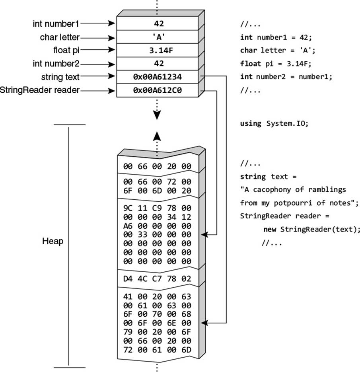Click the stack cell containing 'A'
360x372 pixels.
157,37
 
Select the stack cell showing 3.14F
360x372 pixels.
157,50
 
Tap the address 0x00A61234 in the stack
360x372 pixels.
157,77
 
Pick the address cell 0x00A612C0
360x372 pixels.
157,90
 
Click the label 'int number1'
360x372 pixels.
56,24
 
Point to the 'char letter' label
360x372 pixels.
60,37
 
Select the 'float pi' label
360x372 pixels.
66,50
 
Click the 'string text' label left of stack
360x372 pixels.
60,77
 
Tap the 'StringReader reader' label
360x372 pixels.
40,90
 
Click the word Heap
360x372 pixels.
53,241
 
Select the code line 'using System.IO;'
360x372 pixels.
274,123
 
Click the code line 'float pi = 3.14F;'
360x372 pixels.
276,64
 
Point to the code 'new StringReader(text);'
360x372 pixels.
311,229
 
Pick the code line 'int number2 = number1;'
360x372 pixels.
286,77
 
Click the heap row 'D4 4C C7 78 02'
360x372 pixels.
157,279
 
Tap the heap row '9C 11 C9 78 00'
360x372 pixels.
157,208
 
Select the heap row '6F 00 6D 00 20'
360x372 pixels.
157,191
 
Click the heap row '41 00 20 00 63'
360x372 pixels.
157,296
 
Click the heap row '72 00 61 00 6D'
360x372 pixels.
157,350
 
